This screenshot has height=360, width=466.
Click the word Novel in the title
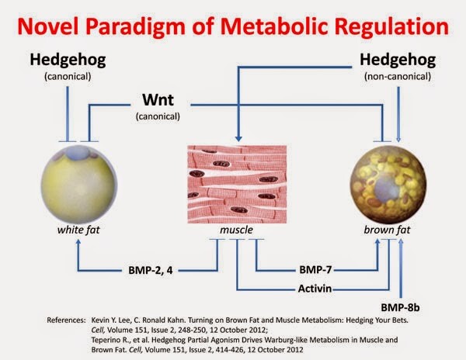coord(48,26)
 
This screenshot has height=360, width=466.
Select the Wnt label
coord(158,100)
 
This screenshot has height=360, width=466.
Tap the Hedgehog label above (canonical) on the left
coord(68,61)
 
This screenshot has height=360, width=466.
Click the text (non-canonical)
coord(398,77)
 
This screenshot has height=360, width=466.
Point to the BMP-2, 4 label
coord(151,270)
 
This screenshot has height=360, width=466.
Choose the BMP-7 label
coord(315,270)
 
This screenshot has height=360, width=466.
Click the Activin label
coord(315,289)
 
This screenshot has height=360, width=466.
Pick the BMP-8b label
coord(400,308)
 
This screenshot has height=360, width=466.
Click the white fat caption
coord(78,230)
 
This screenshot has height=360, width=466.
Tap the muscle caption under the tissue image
coord(237,230)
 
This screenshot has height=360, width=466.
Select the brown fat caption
coord(387,230)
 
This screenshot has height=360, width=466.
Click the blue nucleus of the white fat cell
coord(78,153)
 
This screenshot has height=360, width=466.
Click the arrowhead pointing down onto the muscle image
coord(238,139)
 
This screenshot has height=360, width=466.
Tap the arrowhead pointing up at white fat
coord(78,242)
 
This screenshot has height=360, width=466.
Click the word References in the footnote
coord(66,320)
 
